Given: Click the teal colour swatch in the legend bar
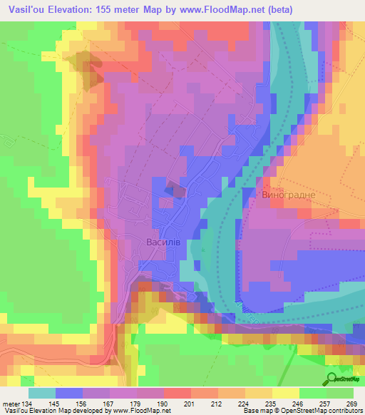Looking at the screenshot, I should coord(42,394).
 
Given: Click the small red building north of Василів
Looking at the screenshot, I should coord(175,190).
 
